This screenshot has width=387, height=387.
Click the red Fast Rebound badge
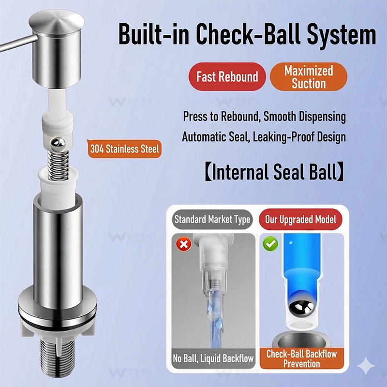click(227, 76)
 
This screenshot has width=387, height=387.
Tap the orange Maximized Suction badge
click(309, 76)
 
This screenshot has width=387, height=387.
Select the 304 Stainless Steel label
click(124, 149)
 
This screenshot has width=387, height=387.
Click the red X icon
click(184, 244)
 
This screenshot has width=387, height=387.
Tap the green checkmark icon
click(270, 244)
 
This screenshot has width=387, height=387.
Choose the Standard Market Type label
click(212, 220)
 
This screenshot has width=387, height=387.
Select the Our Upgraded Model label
click(300, 220)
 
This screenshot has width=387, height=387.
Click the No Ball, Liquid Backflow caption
click(213, 358)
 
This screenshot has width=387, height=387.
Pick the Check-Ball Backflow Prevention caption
click(301, 358)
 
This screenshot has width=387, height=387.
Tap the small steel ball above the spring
click(58, 144)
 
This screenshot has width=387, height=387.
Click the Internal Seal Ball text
click(274, 172)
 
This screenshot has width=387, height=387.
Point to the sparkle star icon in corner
click(367, 366)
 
